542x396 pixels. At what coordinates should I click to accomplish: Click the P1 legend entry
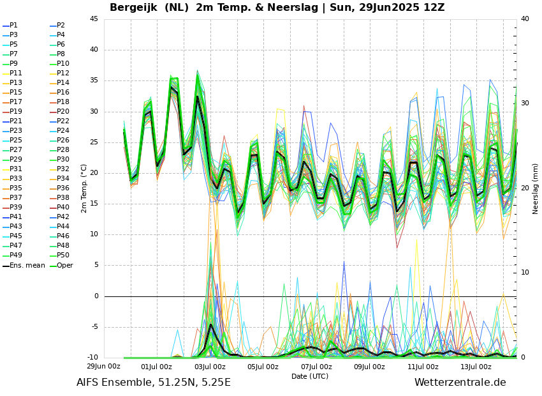click(13, 26)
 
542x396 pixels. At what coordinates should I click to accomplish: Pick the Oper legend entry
click(64, 265)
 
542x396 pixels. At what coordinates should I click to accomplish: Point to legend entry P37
click(15, 198)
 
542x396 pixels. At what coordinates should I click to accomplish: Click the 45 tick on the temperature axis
click(94, 19)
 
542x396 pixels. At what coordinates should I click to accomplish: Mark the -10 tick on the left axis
click(93, 358)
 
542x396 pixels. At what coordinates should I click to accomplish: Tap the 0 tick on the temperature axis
click(96, 296)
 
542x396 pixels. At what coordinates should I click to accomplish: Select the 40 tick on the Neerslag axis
click(525, 19)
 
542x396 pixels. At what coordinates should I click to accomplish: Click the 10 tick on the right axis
click(525, 273)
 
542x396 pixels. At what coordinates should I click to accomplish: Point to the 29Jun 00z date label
click(103, 367)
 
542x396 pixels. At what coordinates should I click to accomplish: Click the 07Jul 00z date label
click(316, 367)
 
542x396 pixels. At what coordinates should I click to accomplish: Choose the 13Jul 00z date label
click(476, 367)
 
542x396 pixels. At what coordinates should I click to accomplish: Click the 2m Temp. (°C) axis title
click(84, 188)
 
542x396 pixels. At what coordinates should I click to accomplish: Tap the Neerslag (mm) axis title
click(536, 188)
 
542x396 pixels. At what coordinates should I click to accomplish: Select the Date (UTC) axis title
click(310, 376)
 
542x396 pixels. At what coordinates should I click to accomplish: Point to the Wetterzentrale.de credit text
click(460, 383)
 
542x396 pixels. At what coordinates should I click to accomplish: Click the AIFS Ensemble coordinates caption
click(154, 383)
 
